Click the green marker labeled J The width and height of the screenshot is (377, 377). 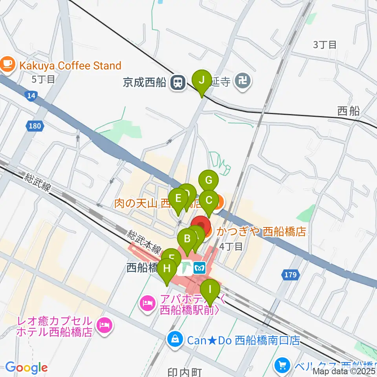202,81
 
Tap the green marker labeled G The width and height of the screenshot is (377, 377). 209,181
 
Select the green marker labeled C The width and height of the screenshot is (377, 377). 209,201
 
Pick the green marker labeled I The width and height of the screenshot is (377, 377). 210,290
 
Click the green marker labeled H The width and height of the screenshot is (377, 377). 167,269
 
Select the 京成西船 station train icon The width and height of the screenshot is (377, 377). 178,82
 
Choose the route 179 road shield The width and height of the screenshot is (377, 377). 290,275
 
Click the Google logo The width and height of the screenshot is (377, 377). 26,368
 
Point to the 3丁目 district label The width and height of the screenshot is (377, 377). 325,45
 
